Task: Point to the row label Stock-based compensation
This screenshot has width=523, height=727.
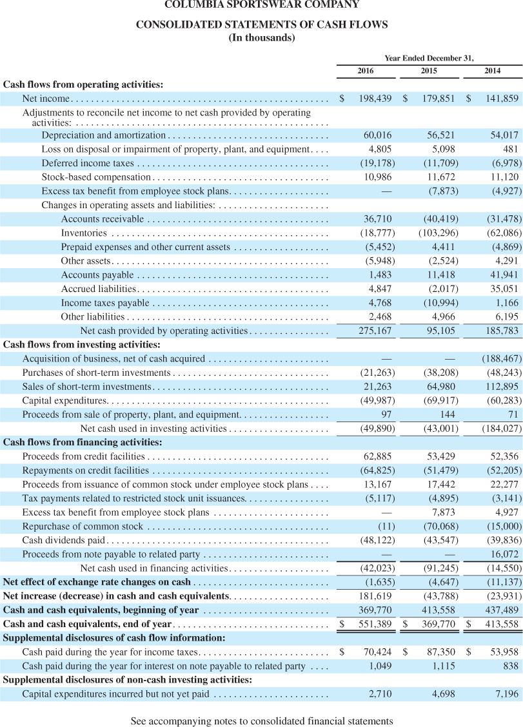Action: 96,177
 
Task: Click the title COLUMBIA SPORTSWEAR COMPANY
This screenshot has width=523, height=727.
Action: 262,5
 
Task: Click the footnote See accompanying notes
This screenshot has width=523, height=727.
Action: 262,715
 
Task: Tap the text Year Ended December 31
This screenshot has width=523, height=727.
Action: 429,58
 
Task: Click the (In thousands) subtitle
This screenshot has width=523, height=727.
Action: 262,37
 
